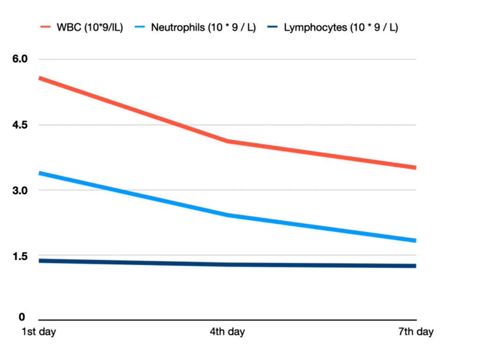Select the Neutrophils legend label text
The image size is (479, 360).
pyautogui.click(x=203, y=27)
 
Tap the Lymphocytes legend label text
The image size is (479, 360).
pyautogui.click(x=341, y=27)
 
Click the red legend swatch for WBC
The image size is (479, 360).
pyautogui.click(x=46, y=27)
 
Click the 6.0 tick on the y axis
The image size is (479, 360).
pyautogui.click(x=21, y=59)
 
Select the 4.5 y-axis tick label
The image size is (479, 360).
pyautogui.click(x=21, y=125)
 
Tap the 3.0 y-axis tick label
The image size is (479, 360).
pyautogui.click(x=21, y=190)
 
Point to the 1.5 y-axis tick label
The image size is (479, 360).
pyautogui.click(x=21, y=256)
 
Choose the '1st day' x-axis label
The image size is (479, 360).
pyautogui.click(x=39, y=332)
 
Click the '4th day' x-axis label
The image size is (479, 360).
pyautogui.click(x=227, y=332)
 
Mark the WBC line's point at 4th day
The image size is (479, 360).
pyautogui.click(x=227, y=141)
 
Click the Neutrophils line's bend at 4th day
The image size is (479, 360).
pyautogui.click(x=227, y=215)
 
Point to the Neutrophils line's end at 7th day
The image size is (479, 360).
pyautogui.click(x=415, y=240)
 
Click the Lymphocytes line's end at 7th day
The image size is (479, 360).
pyautogui.click(x=415, y=266)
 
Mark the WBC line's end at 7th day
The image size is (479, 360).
pyautogui.click(x=415, y=167)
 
